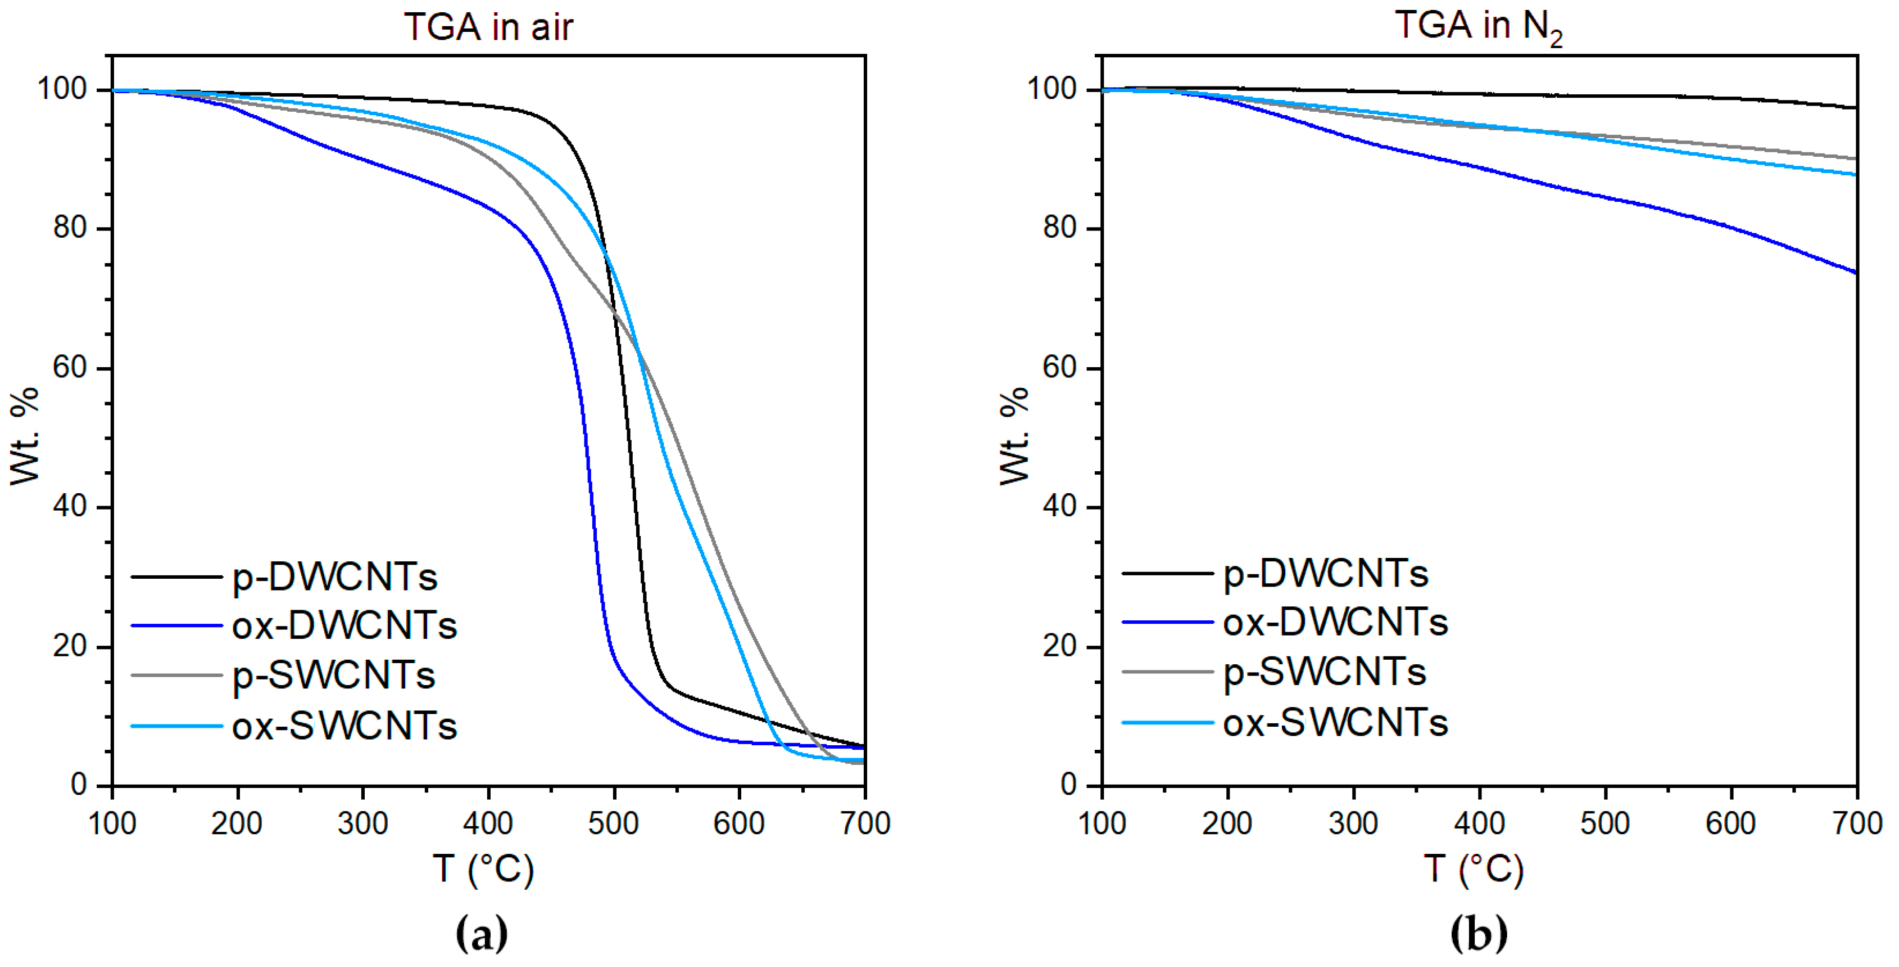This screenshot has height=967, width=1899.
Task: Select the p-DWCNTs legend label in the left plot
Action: pos(335,577)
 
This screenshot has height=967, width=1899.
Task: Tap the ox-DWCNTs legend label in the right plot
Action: pos(1335,623)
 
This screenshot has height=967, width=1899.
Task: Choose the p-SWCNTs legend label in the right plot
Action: pos(1325,672)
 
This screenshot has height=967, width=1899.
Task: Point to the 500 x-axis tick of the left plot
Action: pos(613,823)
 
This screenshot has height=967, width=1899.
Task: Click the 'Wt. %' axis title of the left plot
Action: pos(24,436)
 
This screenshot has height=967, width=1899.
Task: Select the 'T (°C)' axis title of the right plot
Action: pos(1473,869)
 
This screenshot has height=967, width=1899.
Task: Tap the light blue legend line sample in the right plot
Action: pos(1167,722)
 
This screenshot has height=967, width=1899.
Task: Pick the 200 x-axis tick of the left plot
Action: pos(237,823)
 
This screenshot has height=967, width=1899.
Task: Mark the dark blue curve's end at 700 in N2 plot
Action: pos(1855,272)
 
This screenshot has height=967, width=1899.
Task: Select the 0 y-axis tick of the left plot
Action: pos(79,785)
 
